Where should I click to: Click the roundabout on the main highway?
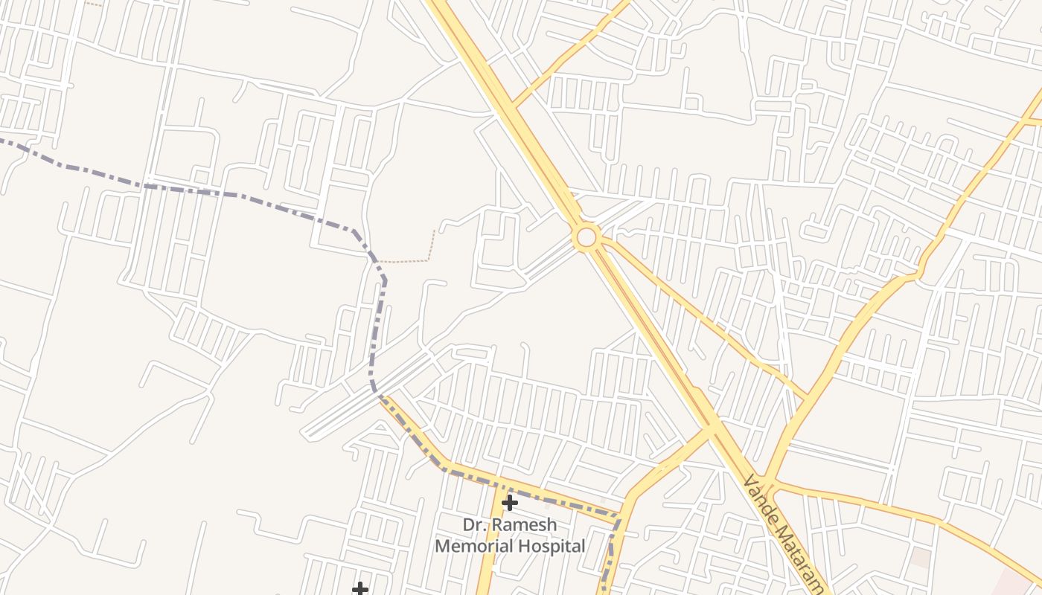click(x=586, y=237)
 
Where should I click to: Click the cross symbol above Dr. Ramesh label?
click(x=509, y=503)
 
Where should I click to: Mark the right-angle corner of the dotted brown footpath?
click(x=429, y=260)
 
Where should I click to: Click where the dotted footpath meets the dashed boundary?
click(x=377, y=262)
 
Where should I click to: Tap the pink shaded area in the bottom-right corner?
click(x=1023, y=584)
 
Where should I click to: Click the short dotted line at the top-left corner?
click(x=93, y=4)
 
